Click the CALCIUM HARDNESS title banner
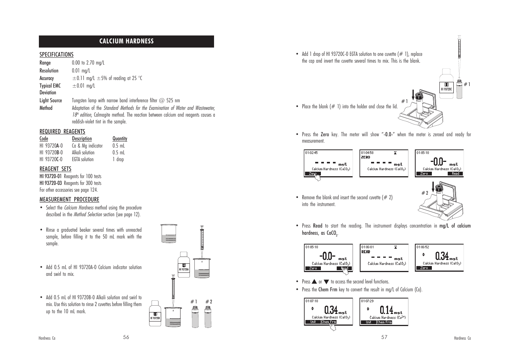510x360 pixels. [126, 41]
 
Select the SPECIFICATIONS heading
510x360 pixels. [56, 55]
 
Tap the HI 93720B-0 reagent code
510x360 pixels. [51, 152]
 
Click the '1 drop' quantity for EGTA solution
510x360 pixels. [118, 159]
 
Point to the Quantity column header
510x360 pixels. [120, 138]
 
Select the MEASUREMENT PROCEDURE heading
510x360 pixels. [69, 199]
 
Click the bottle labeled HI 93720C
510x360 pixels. [447, 85]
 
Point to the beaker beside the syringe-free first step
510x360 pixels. [168, 233]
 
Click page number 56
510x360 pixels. [126, 337]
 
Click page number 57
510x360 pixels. [384, 337]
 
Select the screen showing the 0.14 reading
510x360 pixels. [384, 311]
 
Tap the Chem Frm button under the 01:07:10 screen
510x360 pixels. [328, 322]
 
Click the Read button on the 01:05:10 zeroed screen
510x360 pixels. [456, 174]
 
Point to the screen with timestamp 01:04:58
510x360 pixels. [384, 163]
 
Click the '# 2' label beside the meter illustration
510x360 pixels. [425, 193]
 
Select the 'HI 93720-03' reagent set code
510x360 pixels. [51, 183]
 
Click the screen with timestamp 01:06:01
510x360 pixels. [384, 257]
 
